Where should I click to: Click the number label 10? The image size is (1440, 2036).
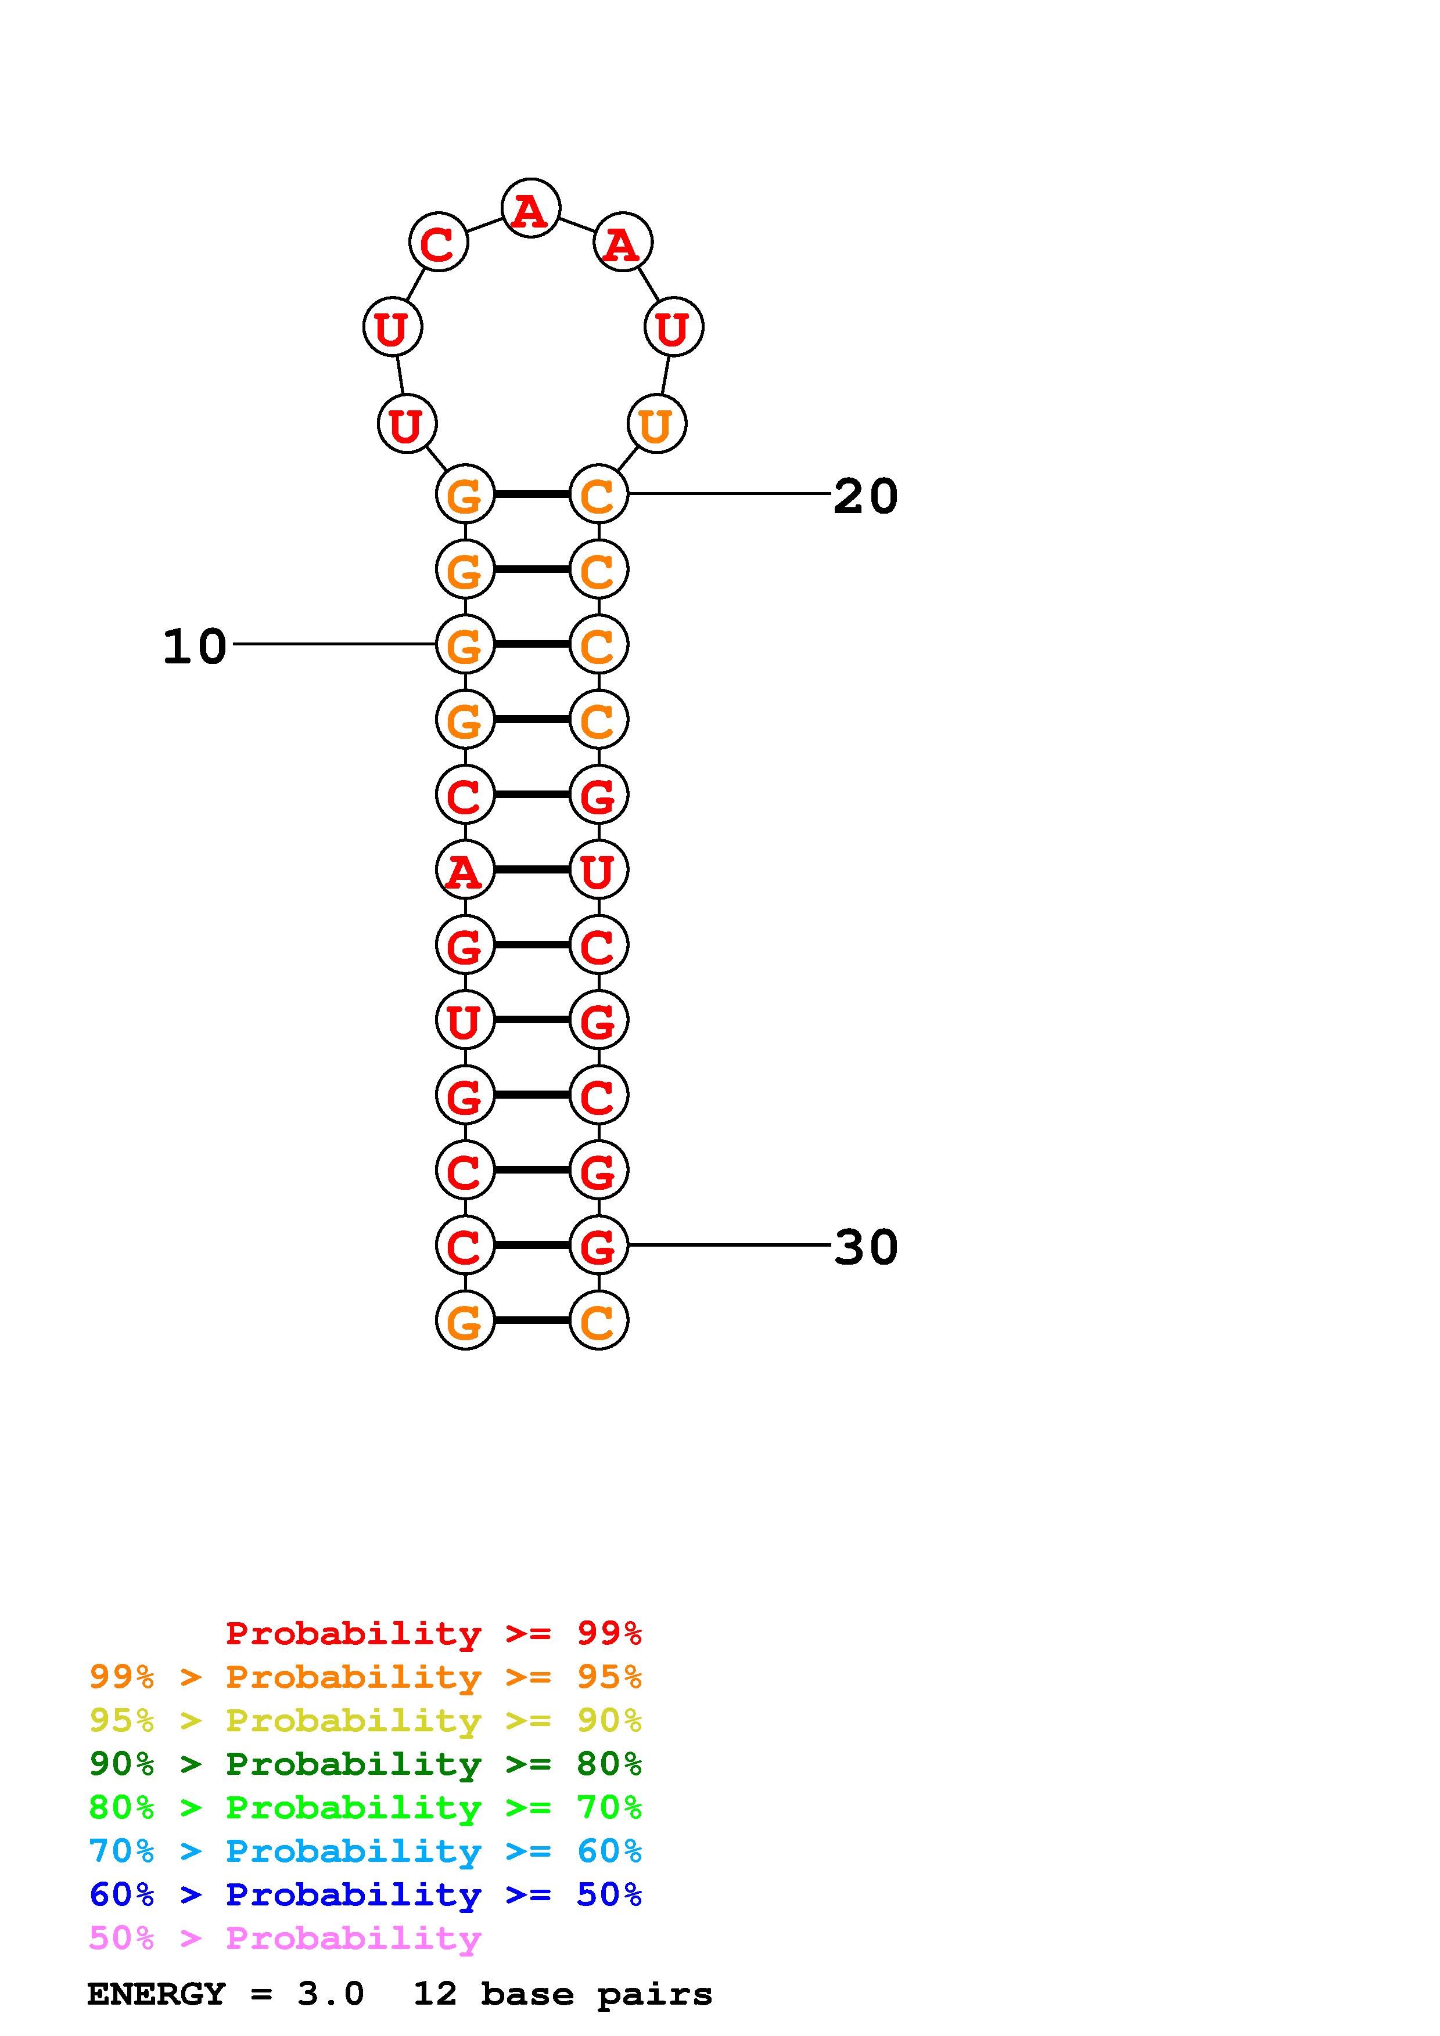tap(195, 647)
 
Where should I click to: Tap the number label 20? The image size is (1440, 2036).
tap(865, 496)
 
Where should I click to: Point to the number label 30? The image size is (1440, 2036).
tap(865, 1247)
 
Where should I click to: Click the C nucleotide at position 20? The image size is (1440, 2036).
tap(598, 494)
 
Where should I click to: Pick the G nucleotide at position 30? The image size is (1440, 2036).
tap(598, 1245)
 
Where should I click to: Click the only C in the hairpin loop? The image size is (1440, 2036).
tap(437, 242)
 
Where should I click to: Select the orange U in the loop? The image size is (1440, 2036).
tap(656, 425)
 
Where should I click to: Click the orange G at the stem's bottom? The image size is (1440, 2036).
tap(465, 1320)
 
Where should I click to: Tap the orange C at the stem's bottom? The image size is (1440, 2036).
tap(598, 1320)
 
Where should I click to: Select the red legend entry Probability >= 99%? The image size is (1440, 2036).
tap(433, 1633)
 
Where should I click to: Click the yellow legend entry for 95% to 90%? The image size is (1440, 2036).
tap(365, 1720)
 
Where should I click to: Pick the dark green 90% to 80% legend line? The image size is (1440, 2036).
tap(365, 1764)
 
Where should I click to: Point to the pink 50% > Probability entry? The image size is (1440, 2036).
tap(285, 1938)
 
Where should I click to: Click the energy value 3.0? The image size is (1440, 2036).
tap(330, 1994)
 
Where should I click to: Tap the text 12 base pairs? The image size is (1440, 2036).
tap(562, 1994)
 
